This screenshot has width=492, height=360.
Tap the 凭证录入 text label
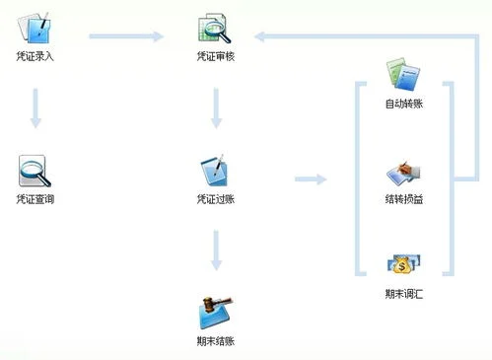coord(35,56)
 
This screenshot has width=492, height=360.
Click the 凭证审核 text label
coord(215,56)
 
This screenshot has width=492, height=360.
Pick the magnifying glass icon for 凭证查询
coord(35,172)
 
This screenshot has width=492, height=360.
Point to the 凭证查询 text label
coord(35,199)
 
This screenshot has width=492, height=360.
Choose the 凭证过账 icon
coord(215,172)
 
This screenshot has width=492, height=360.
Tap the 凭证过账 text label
coord(215,199)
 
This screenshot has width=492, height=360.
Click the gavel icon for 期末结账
coord(215,314)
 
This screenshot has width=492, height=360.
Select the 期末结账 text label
coord(215,341)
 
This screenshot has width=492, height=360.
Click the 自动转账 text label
coord(404,103)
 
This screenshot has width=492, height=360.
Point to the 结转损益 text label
coord(404,199)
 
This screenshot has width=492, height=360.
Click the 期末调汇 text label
coord(404,293)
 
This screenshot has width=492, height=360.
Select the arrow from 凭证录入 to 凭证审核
coord(125,37)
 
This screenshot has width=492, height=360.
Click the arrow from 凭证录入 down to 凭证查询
coord(35,108)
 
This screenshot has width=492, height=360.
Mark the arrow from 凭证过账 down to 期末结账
coord(215,252)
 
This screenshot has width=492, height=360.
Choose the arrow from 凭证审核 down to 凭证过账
coord(215,108)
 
